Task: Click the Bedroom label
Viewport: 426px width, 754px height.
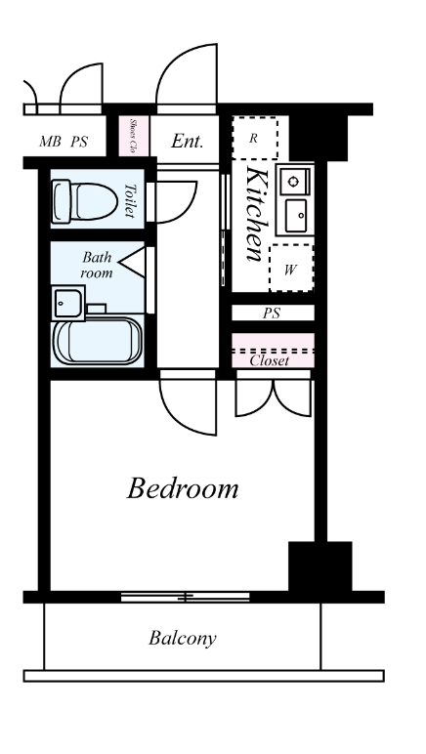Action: click(183, 488)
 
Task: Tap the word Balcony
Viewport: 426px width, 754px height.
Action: click(183, 639)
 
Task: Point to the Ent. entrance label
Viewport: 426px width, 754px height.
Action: click(188, 141)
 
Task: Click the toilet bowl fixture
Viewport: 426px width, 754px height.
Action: click(85, 201)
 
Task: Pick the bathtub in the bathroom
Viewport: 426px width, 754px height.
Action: click(98, 341)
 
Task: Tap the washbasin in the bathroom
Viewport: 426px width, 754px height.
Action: click(68, 303)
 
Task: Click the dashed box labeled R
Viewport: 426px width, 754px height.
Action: click(255, 138)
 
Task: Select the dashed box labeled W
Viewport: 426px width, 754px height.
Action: click(291, 268)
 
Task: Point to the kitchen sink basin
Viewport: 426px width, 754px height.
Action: click(296, 216)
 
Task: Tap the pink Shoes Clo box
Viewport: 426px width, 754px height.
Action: click(134, 136)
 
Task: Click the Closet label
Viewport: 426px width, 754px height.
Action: click(270, 360)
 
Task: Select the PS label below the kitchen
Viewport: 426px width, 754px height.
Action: click(272, 314)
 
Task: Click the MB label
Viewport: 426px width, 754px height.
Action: click(50, 142)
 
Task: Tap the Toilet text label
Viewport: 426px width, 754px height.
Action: click(130, 200)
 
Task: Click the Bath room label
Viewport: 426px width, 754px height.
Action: click(97, 265)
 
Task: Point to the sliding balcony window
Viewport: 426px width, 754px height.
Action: click(185, 597)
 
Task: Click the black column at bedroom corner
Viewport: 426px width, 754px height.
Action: click(320, 566)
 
